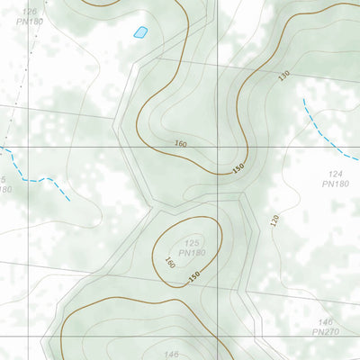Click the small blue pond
pos(139,32)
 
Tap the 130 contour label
pos(285,76)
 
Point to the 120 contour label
pos(274,220)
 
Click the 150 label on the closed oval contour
pos(193,278)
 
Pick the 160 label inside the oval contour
pos(169,264)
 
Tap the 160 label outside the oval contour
pos(180,144)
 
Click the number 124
pos(337,173)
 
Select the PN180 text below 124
pos(335,184)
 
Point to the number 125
pos(192,243)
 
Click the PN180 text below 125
pos(192,254)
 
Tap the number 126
pos(31,11)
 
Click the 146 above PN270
pos(326,321)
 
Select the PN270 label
pos(326,332)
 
